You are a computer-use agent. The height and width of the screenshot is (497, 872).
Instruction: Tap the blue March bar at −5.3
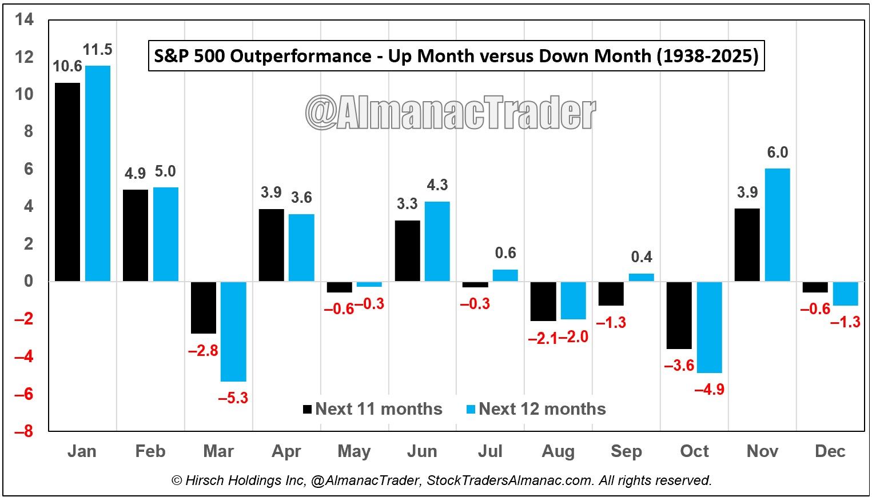pyautogui.click(x=234, y=331)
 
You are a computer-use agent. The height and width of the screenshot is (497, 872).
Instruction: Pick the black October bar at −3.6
pyautogui.click(x=679, y=315)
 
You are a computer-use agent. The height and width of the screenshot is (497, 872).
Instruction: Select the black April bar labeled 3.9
pyautogui.click(x=271, y=245)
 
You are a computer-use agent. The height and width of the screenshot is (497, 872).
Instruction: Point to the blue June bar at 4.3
pyautogui.click(x=437, y=241)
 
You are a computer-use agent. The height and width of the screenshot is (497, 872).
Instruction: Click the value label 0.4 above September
pyautogui.click(x=642, y=257)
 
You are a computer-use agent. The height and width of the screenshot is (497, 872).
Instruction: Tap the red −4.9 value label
pyautogui.click(x=709, y=390)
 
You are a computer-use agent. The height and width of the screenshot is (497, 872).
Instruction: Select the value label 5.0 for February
pyautogui.click(x=165, y=171)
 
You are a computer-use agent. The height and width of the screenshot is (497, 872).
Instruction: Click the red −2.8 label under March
pyautogui.click(x=203, y=351)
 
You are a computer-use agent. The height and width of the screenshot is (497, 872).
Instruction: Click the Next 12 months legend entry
pyautogui.click(x=536, y=409)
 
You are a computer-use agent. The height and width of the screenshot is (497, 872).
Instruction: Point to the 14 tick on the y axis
pyautogui.click(x=25, y=20)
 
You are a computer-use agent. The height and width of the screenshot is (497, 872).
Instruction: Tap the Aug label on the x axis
pyautogui.click(x=558, y=451)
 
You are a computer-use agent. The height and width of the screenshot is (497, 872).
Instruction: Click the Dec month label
pyautogui.click(x=830, y=451)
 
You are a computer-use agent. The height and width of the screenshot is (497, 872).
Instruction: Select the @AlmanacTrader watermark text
pyautogui.click(x=451, y=113)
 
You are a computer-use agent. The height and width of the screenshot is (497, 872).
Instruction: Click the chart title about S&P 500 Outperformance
pyautogui.click(x=456, y=56)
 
